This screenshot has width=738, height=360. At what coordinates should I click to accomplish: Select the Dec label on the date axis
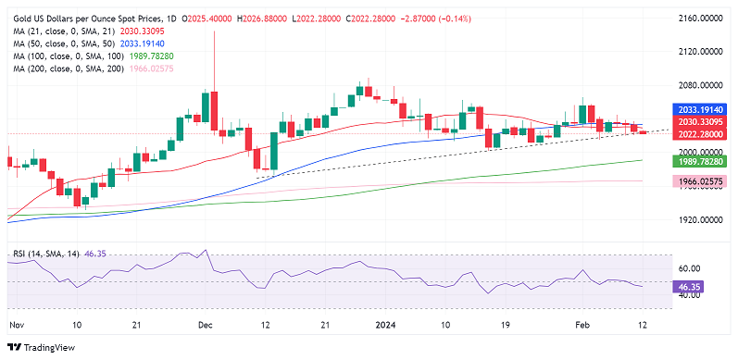tap(206, 326)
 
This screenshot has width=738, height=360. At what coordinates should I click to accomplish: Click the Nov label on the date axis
tap(17, 326)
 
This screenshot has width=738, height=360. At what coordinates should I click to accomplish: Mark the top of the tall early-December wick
tap(215, 31)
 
